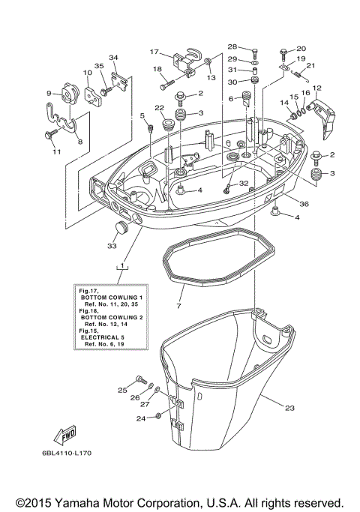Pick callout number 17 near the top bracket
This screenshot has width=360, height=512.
click(x=154, y=52)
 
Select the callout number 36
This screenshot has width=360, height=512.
click(x=303, y=204)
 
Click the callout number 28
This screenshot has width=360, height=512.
click(x=232, y=46)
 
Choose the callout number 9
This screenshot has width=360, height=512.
click(x=49, y=94)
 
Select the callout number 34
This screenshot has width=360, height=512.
click(x=113, y=58)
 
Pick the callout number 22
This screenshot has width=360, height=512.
click(x=159, y=109)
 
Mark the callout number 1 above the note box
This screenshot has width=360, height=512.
click(x=118, y=267)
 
